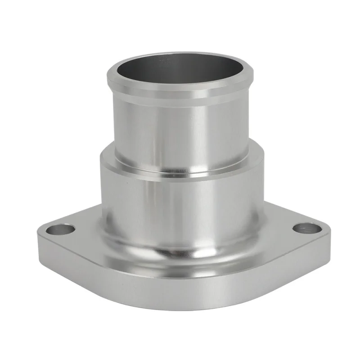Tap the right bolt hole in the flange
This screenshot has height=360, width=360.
click(x=307, y=228)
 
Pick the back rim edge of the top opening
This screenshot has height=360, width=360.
click(x=180, y=55)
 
